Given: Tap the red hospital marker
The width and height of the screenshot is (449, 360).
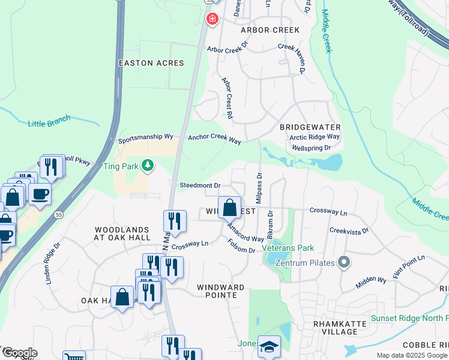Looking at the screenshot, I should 211,20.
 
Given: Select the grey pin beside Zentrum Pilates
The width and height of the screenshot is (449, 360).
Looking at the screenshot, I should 343,262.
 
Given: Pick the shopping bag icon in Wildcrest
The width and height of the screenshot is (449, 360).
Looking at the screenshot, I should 229,208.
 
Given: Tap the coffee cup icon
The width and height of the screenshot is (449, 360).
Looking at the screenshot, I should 40,194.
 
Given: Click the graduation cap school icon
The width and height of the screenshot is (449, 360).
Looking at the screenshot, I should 269,346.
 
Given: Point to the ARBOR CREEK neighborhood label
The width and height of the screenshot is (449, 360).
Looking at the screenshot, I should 270,30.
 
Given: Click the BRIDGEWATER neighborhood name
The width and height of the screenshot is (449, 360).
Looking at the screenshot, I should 310,127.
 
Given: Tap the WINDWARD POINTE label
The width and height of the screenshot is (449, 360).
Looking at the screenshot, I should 221,288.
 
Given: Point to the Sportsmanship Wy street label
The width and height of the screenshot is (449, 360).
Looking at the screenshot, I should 145,137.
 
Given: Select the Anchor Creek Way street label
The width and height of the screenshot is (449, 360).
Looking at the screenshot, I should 214,137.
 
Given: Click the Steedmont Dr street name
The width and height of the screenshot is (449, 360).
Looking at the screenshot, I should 200,185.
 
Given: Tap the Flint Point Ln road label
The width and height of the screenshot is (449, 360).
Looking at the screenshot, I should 409,266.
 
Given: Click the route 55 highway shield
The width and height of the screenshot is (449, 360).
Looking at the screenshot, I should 58,214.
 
